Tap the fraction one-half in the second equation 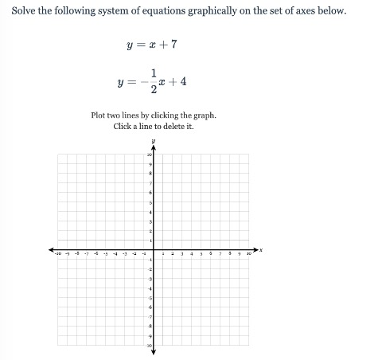153,81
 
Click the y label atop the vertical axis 154,141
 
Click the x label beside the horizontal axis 261,249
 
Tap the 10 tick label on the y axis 149,155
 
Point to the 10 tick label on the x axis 248,254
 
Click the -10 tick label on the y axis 149,345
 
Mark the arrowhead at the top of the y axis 154,148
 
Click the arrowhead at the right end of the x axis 256,249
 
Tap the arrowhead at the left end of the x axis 51,249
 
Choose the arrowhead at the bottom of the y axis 154,351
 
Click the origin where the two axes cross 154,249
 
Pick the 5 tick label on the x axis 201,254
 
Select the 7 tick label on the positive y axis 150,183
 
